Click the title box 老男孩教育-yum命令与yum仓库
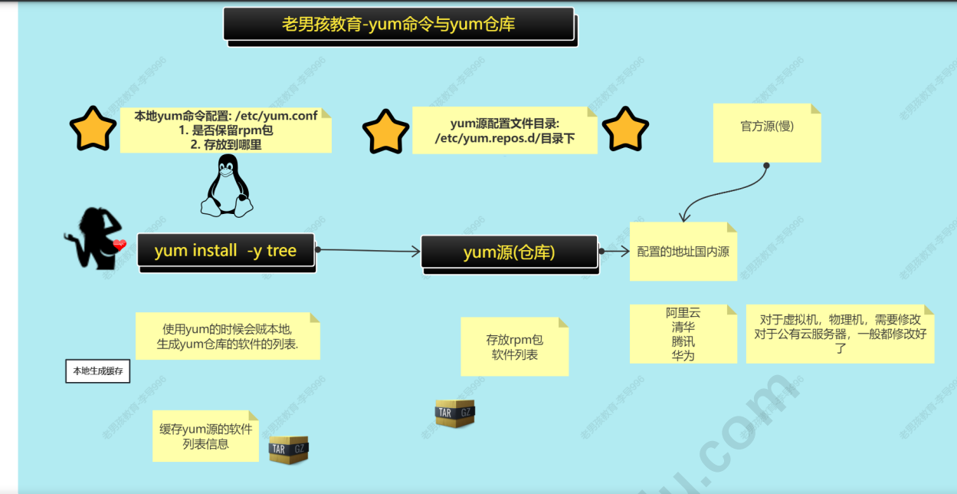398,24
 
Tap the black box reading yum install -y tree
226,251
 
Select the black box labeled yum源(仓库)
510,252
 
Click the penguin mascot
227,186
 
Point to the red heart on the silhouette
119,245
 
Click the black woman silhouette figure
93,238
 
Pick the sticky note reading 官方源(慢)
766,132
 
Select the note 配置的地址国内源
683,252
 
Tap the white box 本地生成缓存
97,372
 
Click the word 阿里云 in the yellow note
683,313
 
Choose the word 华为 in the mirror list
683,355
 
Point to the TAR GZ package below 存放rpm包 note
455,413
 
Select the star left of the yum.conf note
93,129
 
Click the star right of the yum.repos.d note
625,130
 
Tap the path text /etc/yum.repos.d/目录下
504,139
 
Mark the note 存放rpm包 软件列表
514,347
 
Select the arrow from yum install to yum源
368,250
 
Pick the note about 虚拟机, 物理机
840,334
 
